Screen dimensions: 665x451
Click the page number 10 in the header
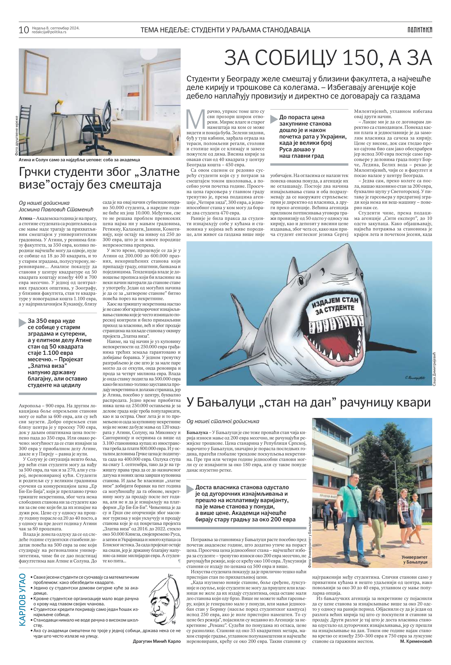pos(24,30)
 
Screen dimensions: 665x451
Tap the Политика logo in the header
pos(420,30)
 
